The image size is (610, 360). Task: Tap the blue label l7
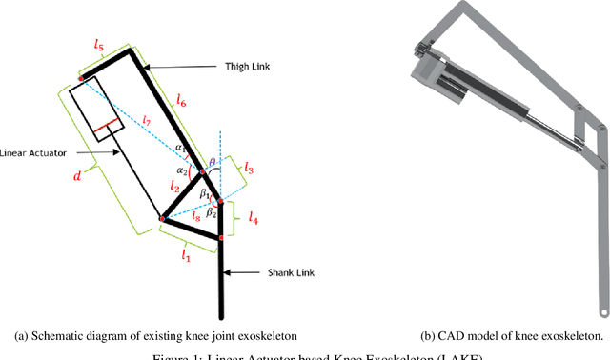(x=145, y=121)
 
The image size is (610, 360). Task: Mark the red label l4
(x=253, y=218)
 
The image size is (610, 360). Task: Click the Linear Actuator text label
(x=34, y=150)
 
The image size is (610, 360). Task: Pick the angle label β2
(x=212, y=212)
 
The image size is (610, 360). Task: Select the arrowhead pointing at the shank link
(x=228, y=274)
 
